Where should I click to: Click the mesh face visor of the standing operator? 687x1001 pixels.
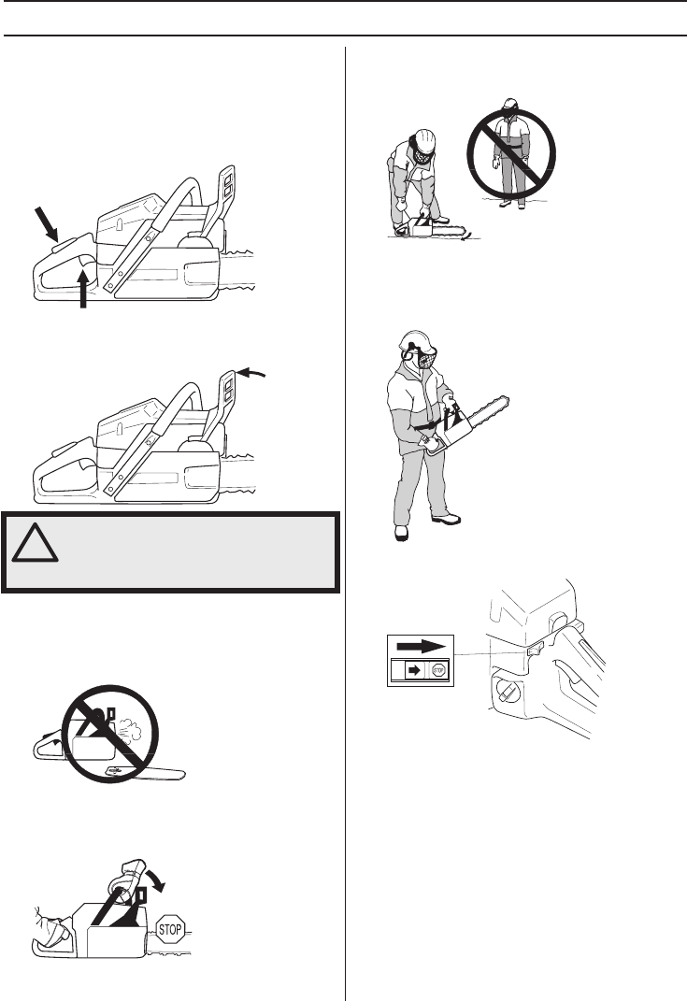click(427, 358)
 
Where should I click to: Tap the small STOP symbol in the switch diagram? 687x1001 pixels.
click(438, 668)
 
